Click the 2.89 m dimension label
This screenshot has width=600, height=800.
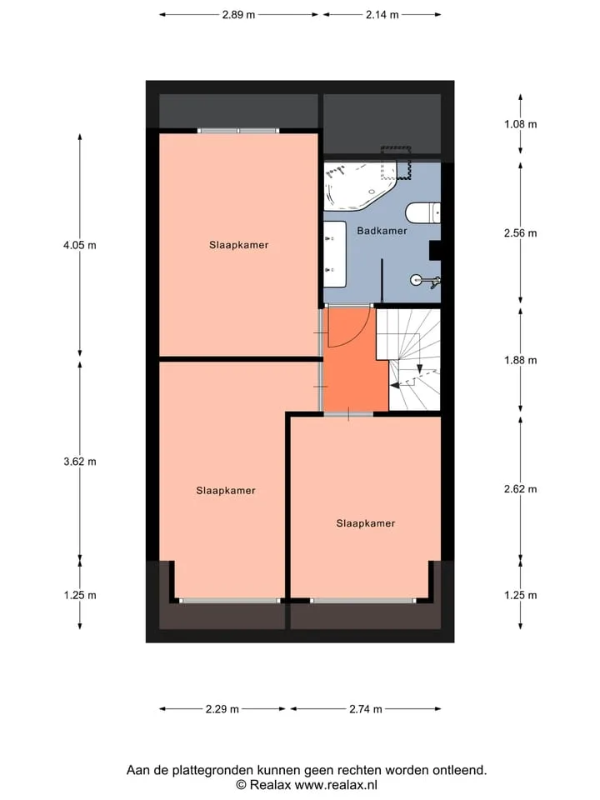tap(238, 15)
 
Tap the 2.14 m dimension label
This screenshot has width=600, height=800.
tap(382, 15)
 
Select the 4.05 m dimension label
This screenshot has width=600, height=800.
tap(80, 245)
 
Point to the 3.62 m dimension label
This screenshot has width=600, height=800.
tap(80, 462)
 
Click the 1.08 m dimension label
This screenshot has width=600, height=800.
tap(520, 124)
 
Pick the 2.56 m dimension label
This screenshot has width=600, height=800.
tap(520, 233)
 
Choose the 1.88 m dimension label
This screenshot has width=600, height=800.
tap(520, 360)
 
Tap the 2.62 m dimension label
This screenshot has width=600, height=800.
tap(520, 489)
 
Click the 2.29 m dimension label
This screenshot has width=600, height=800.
tap(222, 709)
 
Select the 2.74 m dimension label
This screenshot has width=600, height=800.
tap(366, 709)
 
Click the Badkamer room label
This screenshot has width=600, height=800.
tap(382, 231)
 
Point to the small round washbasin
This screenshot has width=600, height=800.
tap(417, 280)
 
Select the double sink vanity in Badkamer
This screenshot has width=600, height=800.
tap(335, 253)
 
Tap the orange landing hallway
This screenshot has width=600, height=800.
tap(355, 360)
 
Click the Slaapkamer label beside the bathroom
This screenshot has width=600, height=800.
tap(239, 245)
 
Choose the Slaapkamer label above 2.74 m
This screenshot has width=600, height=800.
tap(366, 523)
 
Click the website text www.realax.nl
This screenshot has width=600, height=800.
tap(336, 785)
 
